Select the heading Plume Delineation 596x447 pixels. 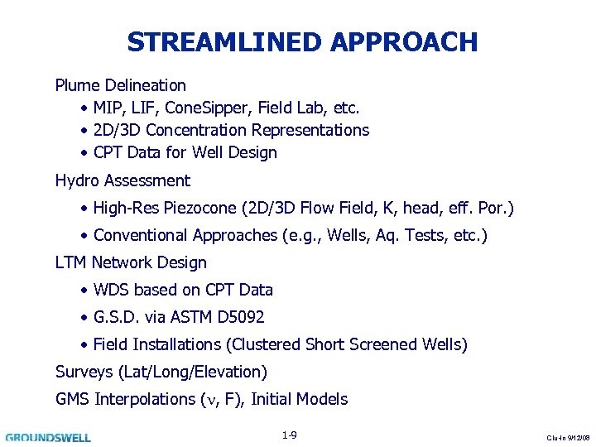click(x=120, y=85)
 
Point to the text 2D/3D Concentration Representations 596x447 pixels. click(x=231, y=130)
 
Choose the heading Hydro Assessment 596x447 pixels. click(x=123, y=180)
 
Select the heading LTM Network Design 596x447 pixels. click(x=131, y=262)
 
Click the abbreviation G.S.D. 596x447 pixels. click(x=116, y=317)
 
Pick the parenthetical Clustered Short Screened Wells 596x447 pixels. click(x=349, y=344)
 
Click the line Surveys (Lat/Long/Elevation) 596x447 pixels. click(x=161, y=372)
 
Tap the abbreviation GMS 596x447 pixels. click(x=73, y=399)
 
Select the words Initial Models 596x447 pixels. click(x=299, y=399)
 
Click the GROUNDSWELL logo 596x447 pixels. click(x=48, y=436)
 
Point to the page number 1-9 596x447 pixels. click(x=289, y=435)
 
